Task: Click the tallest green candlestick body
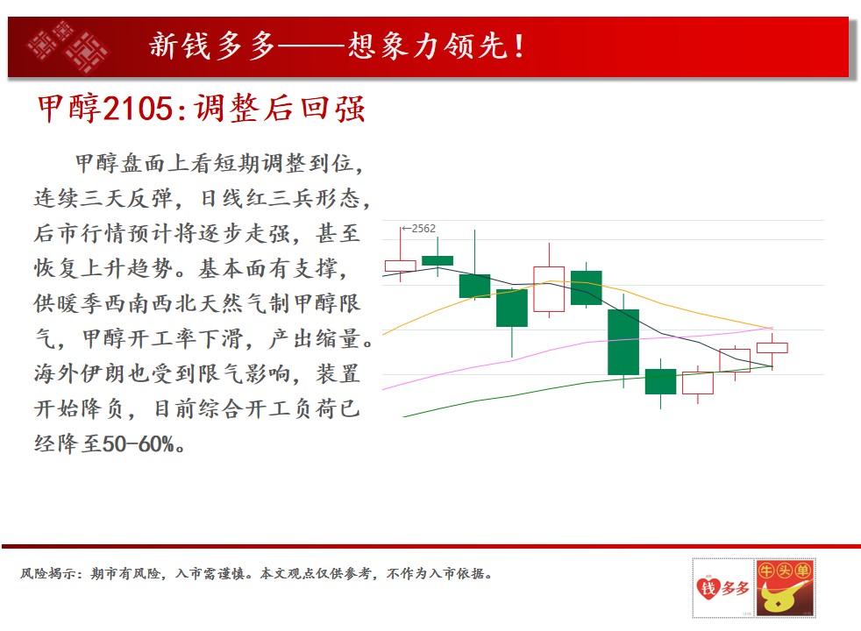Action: pos(623,342)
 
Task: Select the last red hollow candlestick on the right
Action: pos(772,347)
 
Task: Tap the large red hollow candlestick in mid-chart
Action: pos(549,289)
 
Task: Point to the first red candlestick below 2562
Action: pos(401,266)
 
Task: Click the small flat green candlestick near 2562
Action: pos(438,260)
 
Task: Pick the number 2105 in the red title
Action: pos(138,108)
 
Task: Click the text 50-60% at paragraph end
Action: pos(138,444)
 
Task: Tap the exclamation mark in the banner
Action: pos(519,46)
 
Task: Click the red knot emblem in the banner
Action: pos(67,46)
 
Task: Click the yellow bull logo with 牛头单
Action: pos(785,588)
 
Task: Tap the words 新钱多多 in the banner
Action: pos(212,46)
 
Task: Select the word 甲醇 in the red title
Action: pos(69,108)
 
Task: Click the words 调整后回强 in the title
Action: pos(280,108)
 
